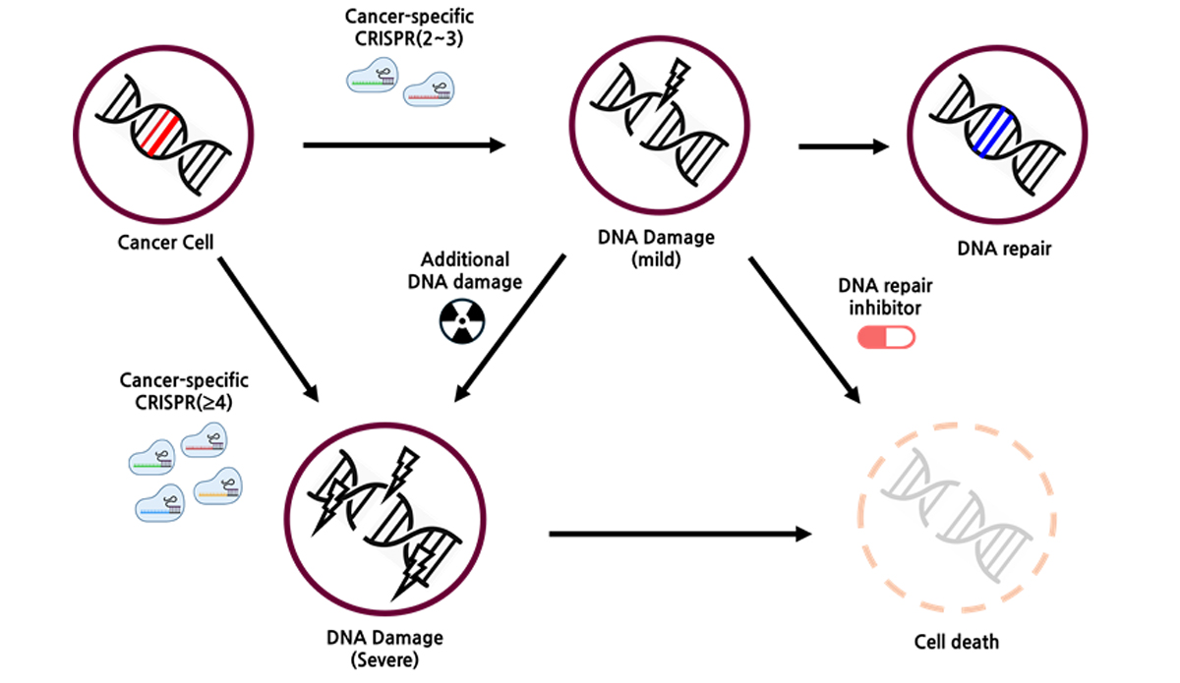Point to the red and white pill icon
[886, 337]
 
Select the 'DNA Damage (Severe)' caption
[384, 648]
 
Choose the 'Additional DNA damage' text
[465, 270]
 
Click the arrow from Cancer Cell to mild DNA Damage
[403, 146]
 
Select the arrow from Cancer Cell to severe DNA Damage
[267, 328]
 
